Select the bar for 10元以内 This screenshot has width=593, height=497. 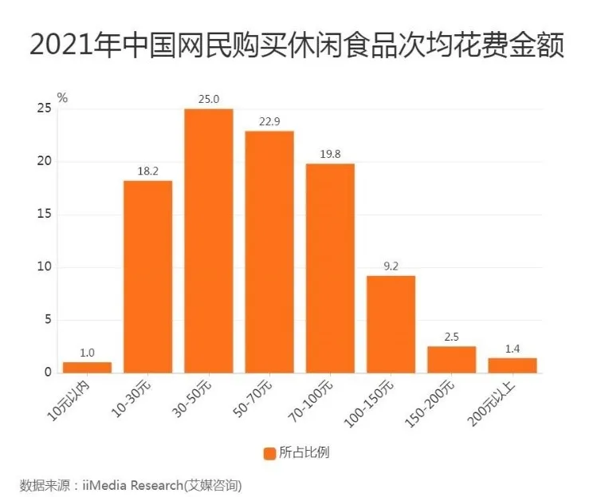(x=87, y=367)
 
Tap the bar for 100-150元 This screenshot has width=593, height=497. (x=391, y=324)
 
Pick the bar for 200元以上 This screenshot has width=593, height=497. (x=512, y=365)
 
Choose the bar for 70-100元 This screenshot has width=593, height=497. (x=330, y=268)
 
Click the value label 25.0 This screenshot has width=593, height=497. (x=208, y=99)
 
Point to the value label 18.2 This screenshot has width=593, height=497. (x=147, y=171)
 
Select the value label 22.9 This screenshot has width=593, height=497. (x=269, y=121)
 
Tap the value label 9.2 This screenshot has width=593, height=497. (x=391, y=266)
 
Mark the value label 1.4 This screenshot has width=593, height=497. (x=512, y=348)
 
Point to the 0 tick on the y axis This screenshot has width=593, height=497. (x=47, y=373)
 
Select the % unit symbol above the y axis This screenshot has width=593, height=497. (x=63, y=98)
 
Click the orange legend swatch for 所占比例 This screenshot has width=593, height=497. (x=269, y=453)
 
